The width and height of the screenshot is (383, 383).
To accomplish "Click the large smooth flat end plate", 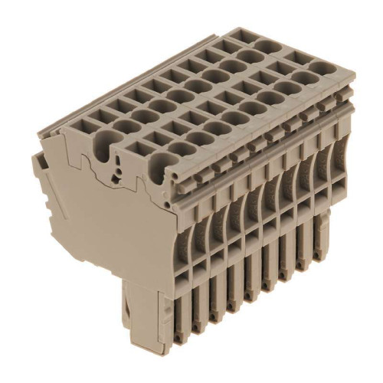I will (100, 230).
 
